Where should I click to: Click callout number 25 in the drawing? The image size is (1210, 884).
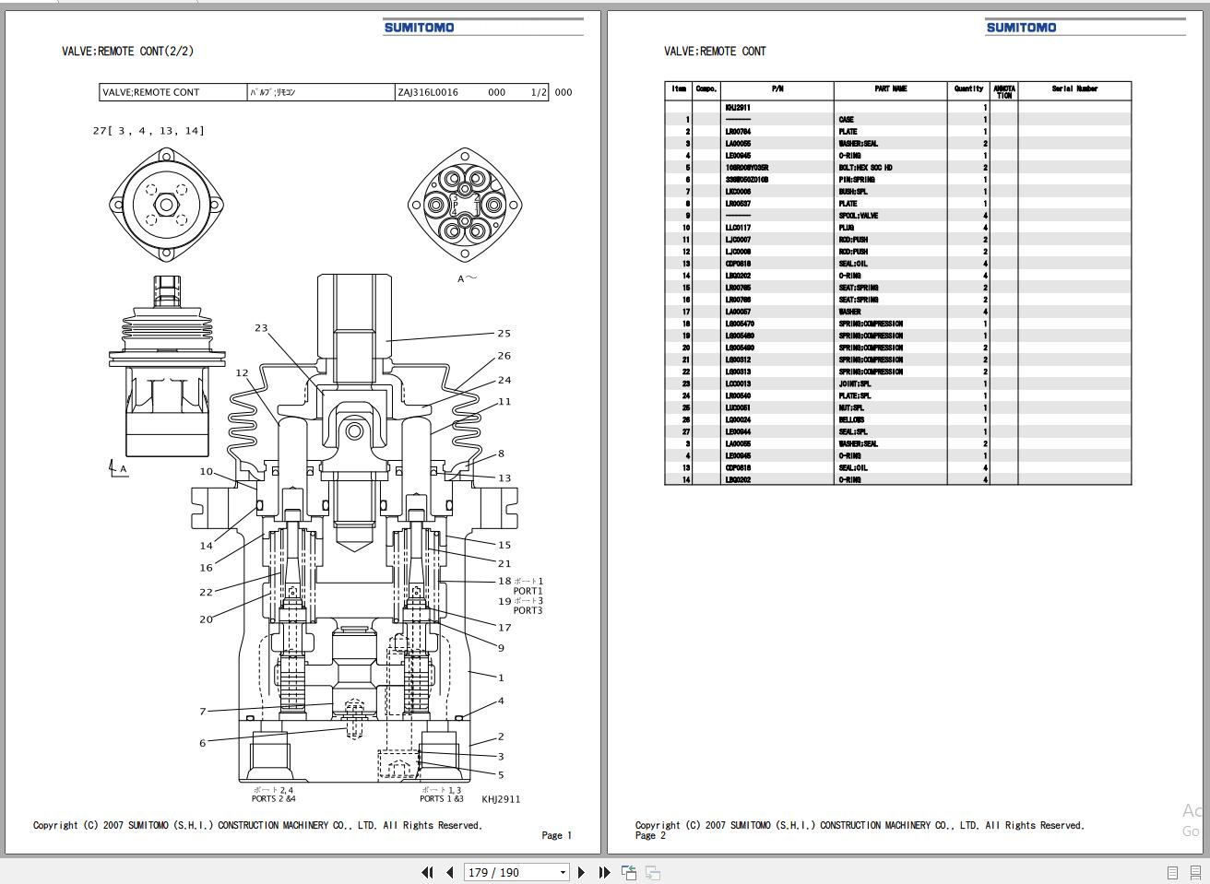504,334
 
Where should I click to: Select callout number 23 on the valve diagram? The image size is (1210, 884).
261,328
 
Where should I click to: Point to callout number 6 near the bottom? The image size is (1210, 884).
203,743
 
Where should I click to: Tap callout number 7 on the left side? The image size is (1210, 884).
203,712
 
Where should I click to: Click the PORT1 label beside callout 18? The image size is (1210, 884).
528,591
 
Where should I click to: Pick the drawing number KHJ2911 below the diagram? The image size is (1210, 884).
501,799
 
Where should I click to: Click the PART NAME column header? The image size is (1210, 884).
890,89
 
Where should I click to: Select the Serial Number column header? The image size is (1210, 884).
1074,89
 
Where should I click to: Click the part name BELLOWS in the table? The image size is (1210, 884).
851,419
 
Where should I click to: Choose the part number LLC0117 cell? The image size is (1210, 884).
738,228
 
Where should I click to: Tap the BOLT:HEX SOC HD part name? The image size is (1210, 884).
865,168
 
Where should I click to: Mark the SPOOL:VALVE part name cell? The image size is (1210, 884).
858,216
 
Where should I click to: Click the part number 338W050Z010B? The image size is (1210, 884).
746,180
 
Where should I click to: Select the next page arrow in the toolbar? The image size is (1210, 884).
581,872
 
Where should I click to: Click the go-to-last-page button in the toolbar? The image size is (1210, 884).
604,872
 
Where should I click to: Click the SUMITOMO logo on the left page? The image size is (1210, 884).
419,28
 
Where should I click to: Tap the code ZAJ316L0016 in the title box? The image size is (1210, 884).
428,92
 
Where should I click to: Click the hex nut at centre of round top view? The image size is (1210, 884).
166,204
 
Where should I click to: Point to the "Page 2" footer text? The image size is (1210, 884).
650,835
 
